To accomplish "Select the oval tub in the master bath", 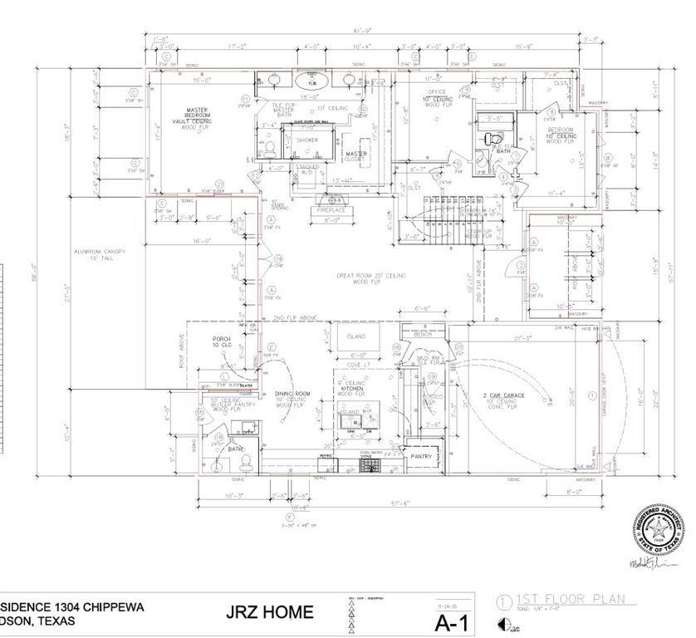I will [307, 81].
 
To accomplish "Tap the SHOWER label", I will [307, 140].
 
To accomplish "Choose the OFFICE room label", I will [437, 91].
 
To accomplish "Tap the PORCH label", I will [222, 341].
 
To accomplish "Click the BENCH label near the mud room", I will [434, 335].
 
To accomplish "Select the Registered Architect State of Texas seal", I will [661, 528].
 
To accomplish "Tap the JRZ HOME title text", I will [270, 613].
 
